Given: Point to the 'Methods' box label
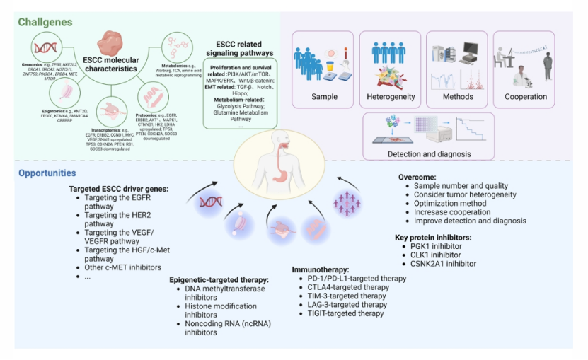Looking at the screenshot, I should coord(458,96).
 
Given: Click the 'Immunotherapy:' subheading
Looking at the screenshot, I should coord(321,269).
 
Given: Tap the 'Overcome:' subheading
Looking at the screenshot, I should coord(415,177).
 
